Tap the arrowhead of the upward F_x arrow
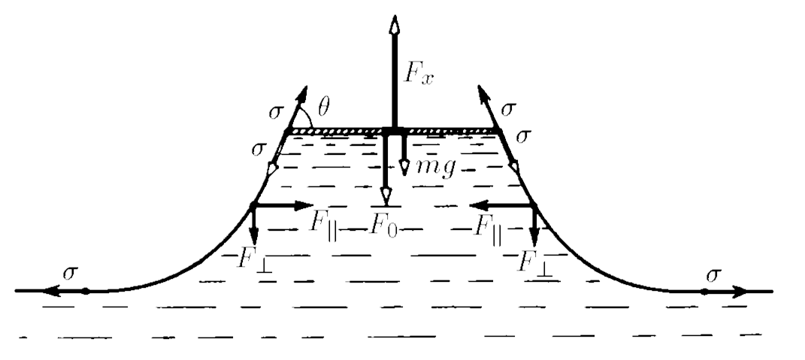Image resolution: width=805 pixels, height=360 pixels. [x=395, y=25]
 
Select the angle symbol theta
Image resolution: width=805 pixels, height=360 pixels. [x=323, y=107]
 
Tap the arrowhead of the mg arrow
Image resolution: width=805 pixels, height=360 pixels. [x=404, y=168]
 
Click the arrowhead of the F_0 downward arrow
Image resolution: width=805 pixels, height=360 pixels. [x=386, y=196]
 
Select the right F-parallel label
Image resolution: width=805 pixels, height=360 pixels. [x=487, y=225]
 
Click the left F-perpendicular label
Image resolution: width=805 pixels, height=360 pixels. [x=255, y=259]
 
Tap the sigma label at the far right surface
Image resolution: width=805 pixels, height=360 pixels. [x=713, y=275]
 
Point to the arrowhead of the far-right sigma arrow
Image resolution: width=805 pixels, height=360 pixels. [x=740, y=292]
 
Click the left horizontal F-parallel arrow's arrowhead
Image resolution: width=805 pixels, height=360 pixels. [x=303, y=205]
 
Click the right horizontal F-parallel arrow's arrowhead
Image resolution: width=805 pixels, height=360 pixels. [x=480, y=205]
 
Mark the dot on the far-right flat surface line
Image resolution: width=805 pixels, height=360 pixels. [x=704, y=292]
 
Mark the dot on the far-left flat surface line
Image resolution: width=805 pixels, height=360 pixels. [x=86, y=291]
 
